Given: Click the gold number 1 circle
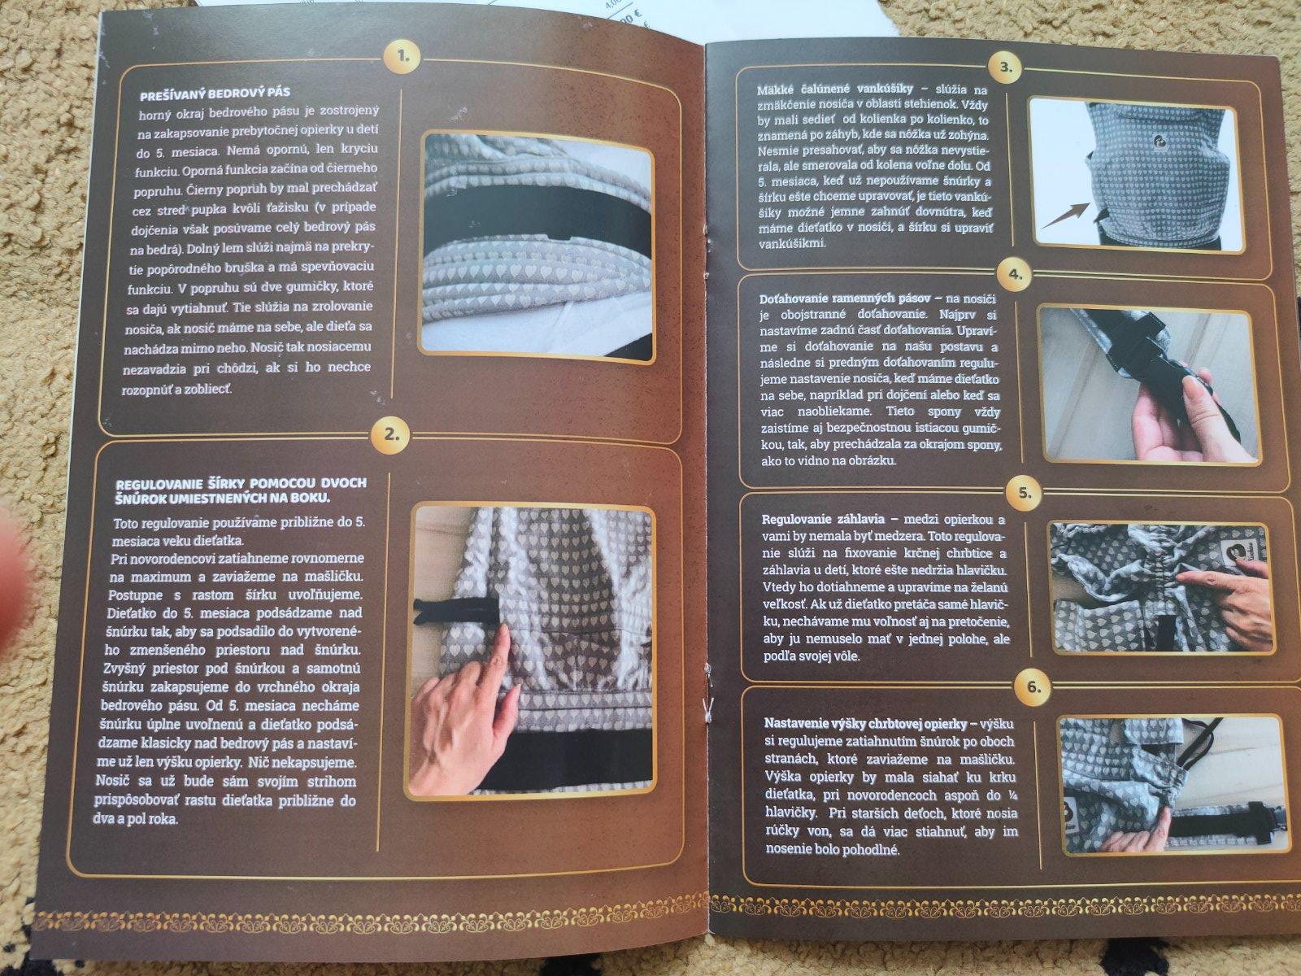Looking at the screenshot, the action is (402, 58).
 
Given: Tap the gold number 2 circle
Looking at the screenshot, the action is (391, 434).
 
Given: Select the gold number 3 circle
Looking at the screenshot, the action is (1007, 68).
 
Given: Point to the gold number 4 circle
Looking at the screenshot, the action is (1016, 274).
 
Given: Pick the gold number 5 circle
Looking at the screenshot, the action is (1025, 492).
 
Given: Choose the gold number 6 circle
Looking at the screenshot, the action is (1033, 686).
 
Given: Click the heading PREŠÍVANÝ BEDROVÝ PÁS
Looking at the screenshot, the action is (215, 93).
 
